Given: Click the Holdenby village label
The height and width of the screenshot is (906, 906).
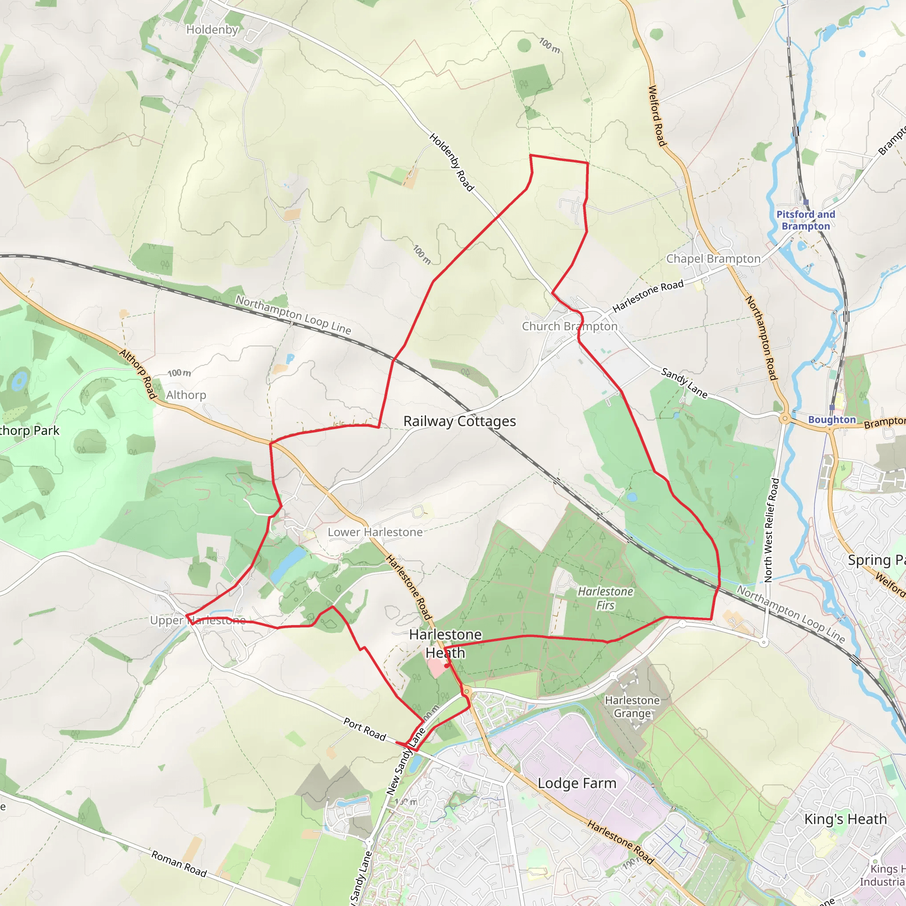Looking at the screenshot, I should (212, 30).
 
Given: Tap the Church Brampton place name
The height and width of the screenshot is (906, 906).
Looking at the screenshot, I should (569, 326).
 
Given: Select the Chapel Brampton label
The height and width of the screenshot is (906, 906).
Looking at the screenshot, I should (713, 259).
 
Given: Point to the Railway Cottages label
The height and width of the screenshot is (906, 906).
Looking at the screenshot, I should (460, 421).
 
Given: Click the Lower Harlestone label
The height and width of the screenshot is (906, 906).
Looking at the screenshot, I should (375, 532).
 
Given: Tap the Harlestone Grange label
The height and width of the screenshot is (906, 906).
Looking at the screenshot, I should (632, 706).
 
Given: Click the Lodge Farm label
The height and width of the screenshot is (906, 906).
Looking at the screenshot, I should (577, 783).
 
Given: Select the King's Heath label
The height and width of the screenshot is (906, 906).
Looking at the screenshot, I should (845, 819).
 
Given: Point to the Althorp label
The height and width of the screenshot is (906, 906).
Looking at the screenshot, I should (186, 395).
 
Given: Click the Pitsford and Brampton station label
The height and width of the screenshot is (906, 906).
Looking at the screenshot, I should (806, 220).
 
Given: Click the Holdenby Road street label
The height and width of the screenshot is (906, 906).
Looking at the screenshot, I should (452, 162).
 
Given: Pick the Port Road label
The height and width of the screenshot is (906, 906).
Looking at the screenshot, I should (365, 729).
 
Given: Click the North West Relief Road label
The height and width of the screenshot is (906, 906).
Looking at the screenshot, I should (772, 530).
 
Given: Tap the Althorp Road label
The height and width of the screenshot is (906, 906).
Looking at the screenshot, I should (138, 374).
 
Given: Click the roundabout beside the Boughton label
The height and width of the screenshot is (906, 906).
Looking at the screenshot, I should (785, 418).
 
